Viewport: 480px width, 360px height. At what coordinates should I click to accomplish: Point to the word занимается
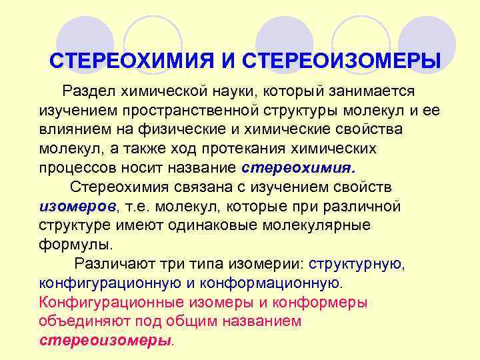tap(366, 90)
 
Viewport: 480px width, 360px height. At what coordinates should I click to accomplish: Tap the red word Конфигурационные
tap(111, 302)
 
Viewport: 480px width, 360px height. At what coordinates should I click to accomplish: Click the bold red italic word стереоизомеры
tap(106, 340)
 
